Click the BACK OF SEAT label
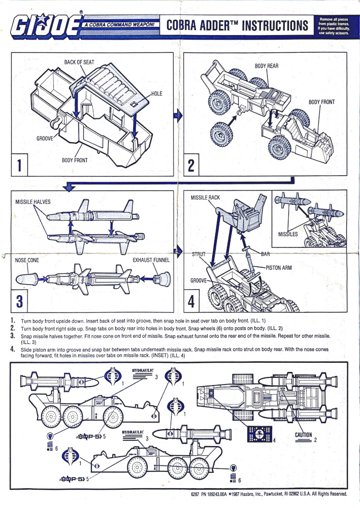pos(79,62)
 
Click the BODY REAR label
pos(266,66)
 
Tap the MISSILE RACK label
pos(206,197)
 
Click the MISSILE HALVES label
pos(33,202)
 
